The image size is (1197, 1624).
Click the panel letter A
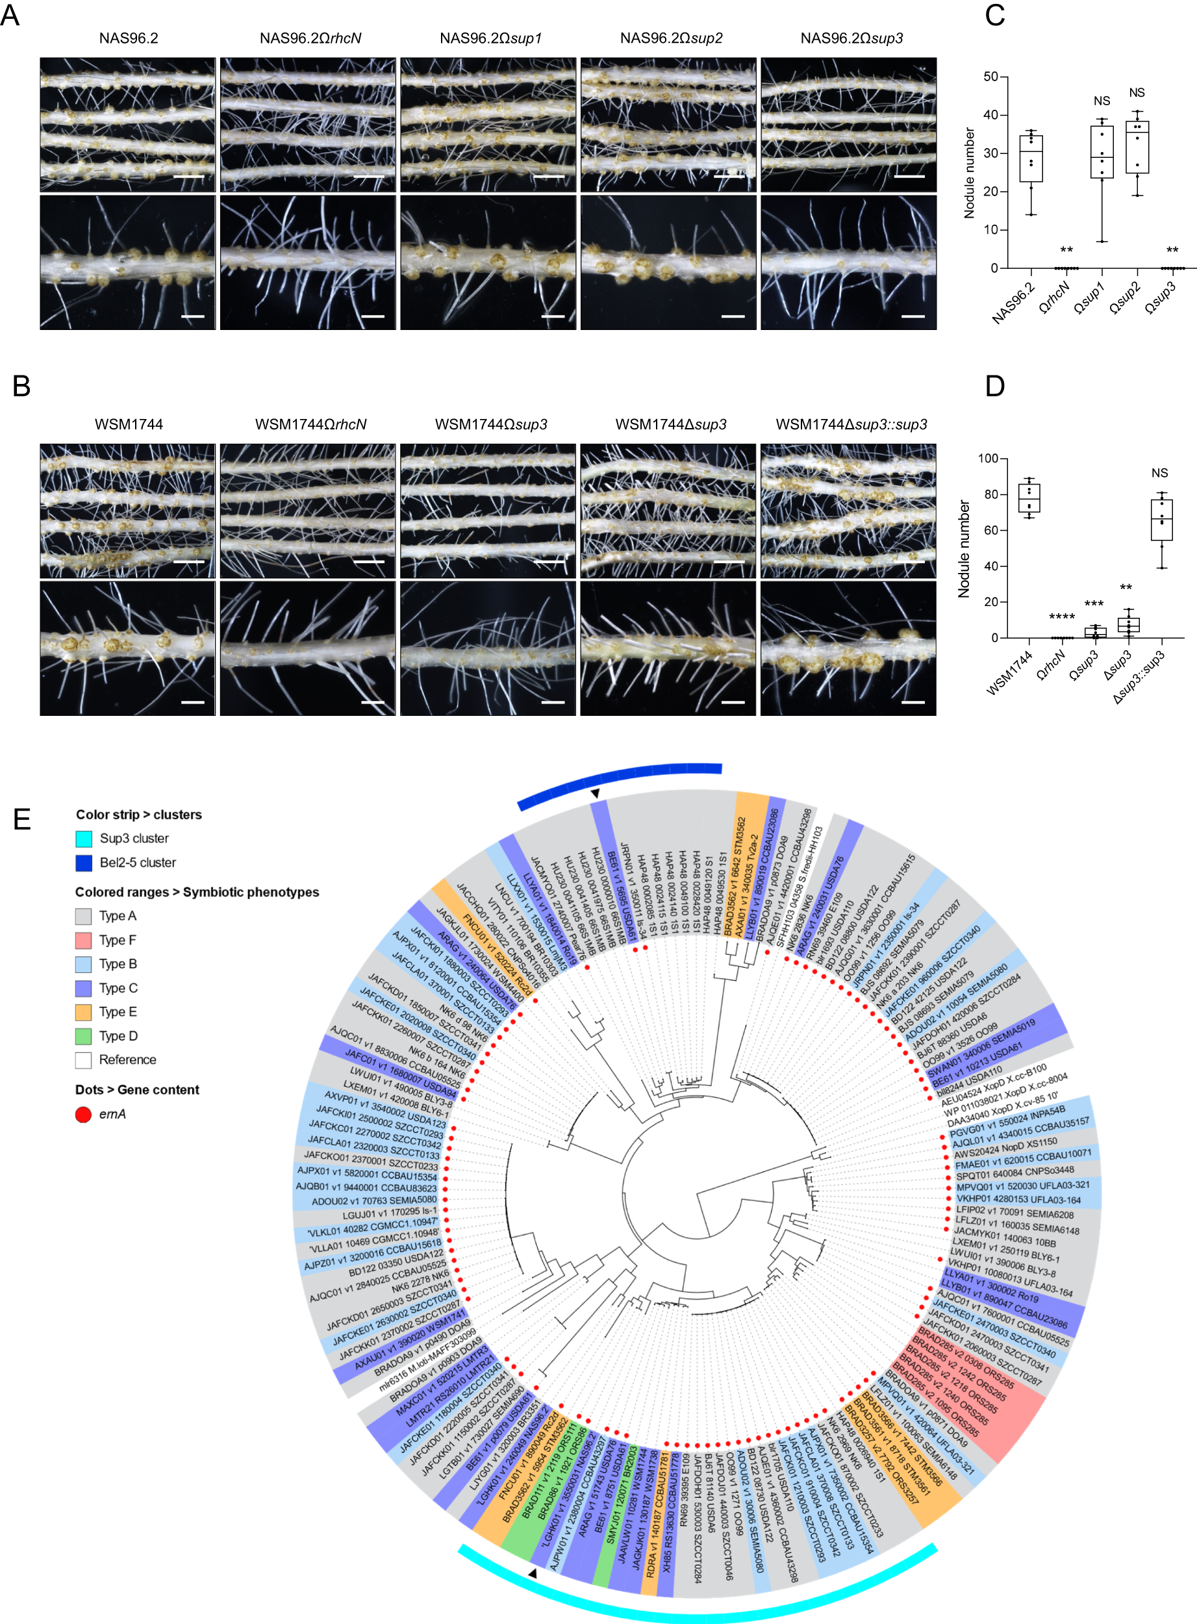(10, 15)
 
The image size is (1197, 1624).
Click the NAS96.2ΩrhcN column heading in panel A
(310, 38)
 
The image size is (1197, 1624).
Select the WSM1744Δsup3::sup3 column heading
(851, 425)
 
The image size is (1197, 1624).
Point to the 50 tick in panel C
(990, 77)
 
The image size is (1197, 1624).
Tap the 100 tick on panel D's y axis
(988, 459)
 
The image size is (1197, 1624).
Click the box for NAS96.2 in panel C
(1031, 157)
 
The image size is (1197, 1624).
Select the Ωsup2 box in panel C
(1137, 147)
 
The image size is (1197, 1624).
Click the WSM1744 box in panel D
(1029, 498)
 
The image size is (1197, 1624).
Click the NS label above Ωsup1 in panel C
(1102, 101)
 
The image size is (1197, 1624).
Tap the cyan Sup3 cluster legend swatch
(84, 839)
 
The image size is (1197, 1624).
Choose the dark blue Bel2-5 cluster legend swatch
(84, 863)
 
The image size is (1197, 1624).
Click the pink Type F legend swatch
(84, 940)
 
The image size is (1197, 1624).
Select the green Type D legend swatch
(84, 1036)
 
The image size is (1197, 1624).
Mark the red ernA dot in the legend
(83, 1115)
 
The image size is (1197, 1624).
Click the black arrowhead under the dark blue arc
(595, 794)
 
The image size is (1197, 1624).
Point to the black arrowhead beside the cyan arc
(533, 1573)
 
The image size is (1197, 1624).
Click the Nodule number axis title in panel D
(964, 548)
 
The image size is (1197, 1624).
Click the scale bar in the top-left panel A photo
(189, 176)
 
